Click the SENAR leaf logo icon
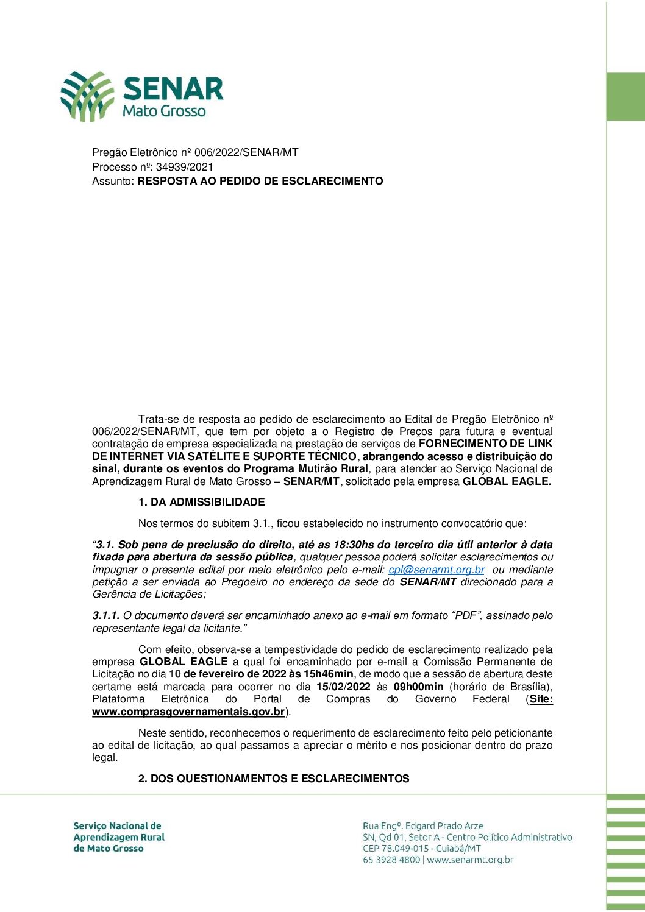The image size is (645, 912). (x=87, y=96)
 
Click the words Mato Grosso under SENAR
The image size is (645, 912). (x=164, y=111)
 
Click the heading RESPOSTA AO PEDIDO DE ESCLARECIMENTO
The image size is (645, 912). (x=260, y=181)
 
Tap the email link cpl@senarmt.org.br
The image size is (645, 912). (x=437, y=570)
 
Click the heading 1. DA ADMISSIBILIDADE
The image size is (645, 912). (x=201, y=502)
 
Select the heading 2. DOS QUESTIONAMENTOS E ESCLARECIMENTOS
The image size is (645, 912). (x=274, y=779)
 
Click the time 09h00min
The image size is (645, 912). (x=418, y=687)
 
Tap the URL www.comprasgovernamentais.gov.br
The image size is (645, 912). (x=188, y=712)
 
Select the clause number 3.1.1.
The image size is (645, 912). (x=106, y=615)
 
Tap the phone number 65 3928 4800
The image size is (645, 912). (x=391, y=860)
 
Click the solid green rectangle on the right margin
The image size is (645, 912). (x=625, y=97)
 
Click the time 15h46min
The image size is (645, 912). (x=329, y=674)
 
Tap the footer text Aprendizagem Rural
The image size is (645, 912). (x=119, y=837)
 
